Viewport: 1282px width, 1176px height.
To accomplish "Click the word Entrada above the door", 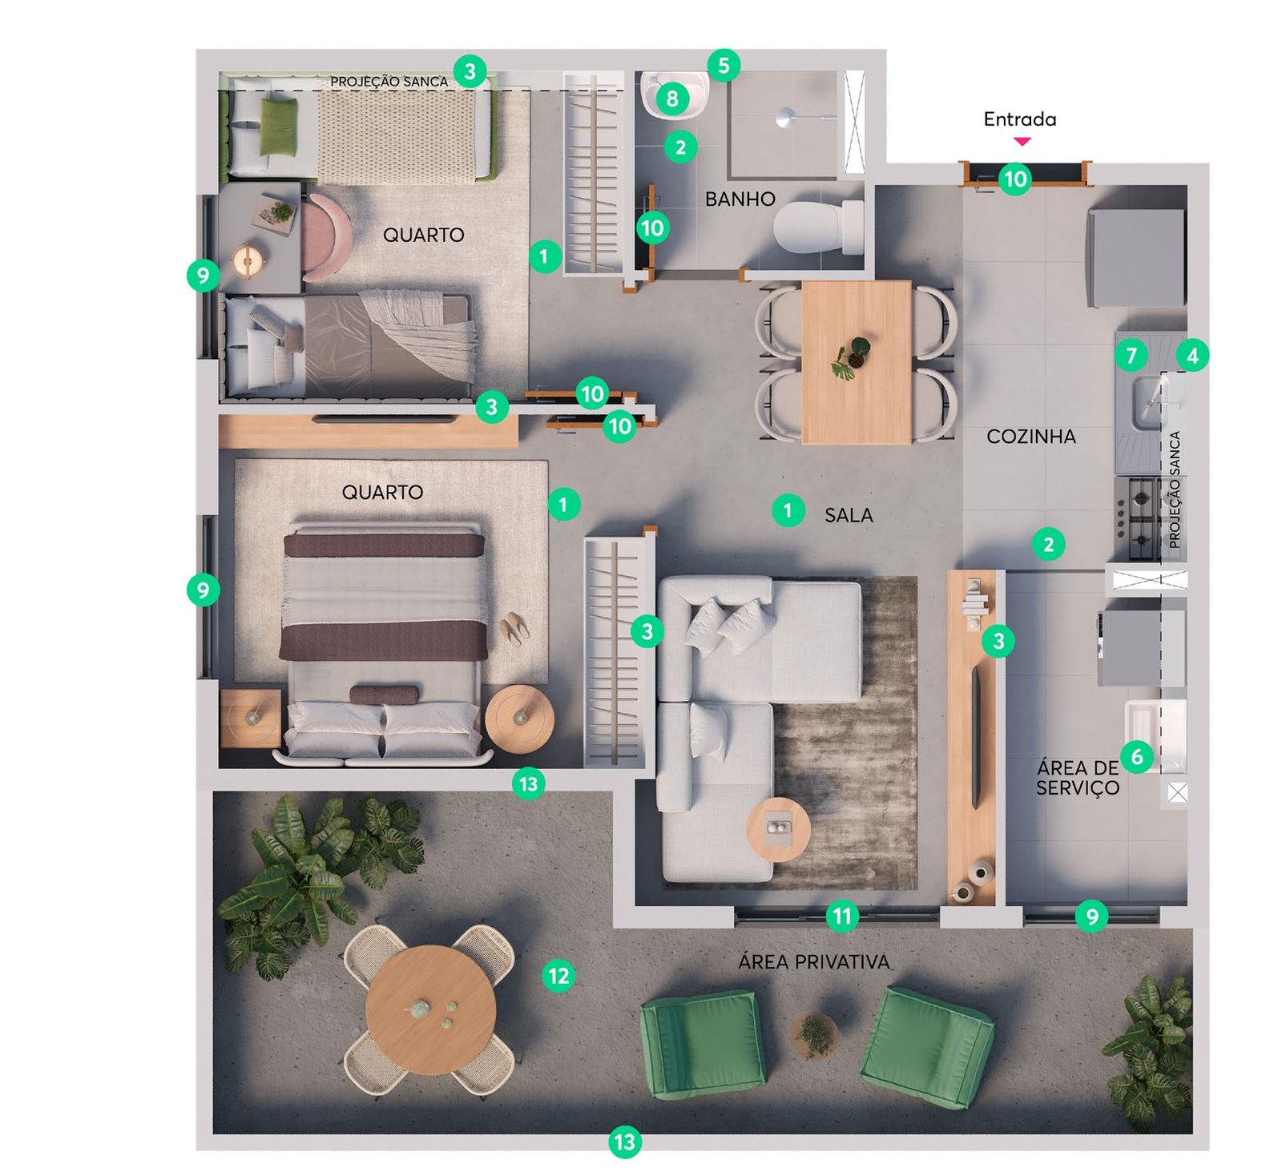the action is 1019,119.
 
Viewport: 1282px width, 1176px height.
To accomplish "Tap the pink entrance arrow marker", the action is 1022,141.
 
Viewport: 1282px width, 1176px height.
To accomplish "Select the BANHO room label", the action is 740,199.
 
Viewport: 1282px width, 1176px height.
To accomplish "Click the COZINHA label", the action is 1030,437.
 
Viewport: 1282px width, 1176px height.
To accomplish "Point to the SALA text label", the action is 849,515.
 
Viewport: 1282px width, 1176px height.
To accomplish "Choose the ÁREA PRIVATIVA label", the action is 813,961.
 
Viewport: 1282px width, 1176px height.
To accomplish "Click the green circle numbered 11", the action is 842,915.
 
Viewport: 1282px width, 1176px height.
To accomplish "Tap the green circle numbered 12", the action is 558,976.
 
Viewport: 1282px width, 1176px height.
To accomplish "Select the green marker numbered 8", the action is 672,99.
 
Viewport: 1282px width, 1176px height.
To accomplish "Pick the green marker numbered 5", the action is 724,65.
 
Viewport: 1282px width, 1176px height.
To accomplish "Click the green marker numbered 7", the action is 1131,355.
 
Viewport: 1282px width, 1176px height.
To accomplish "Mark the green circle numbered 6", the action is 1136,755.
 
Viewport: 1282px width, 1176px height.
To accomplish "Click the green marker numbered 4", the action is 1192,355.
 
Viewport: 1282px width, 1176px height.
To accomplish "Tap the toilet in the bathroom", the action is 817,227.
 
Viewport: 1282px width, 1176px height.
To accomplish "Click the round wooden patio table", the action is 430,1009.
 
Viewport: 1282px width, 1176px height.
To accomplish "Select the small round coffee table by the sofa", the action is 778,829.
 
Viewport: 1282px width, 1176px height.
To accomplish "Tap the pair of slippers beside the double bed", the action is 514,628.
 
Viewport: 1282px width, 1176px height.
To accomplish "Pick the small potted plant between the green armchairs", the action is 815,1036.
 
